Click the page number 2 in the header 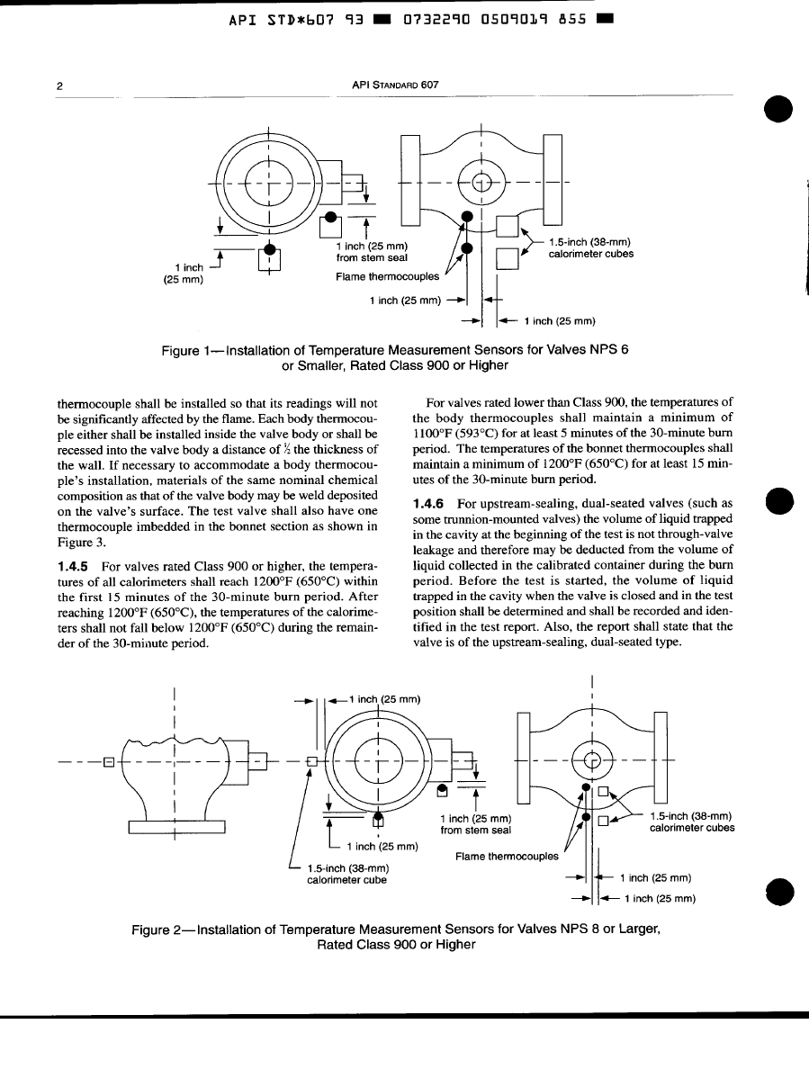pyautogui.click(x=60, y=85)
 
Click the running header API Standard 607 pyautogui.click(x=395, y=85)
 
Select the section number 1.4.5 pyautogui.click(x=73, y=567)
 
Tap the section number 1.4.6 pyautogui.click(x=428, y=504)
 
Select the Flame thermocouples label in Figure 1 pyautogui.click(x=387, y=277)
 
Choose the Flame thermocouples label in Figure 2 pyautogui.click(x=507, y=857)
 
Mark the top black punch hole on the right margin pyautogui.click(x=779, y=108)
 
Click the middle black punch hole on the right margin pyautogui.click(x=779, y=502)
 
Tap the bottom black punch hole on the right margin pyautogui.click(x=779, y=890)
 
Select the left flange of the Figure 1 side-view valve pyautogui.click(x=410, y=180)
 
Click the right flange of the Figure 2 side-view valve pyautogui.click(x=661, y=758)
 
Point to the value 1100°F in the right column pyautogui.click(x=431, y=434)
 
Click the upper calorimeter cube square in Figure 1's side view pyautogui.click(x=508, y=226)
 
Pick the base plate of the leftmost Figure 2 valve pyautogui.click(x=176, y=827)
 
